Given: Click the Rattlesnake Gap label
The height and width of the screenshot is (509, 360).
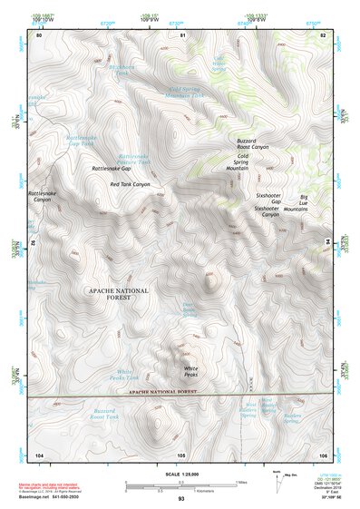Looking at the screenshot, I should click(112, 169).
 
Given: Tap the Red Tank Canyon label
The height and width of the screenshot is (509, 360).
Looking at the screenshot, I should click(129, 184).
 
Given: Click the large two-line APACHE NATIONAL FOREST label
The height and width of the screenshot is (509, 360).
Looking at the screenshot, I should click(115, 293).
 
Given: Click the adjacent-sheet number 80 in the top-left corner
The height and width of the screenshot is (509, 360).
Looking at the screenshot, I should click(39, 35).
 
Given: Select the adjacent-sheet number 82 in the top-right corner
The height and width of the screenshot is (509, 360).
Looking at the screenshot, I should click(323, 35).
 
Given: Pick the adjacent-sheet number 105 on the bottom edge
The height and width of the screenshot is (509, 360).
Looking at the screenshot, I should click(181, 454).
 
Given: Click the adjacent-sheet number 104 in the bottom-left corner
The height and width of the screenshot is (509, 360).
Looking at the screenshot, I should click(39, 454).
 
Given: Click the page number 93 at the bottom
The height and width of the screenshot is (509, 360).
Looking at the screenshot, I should click(181, 499).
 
